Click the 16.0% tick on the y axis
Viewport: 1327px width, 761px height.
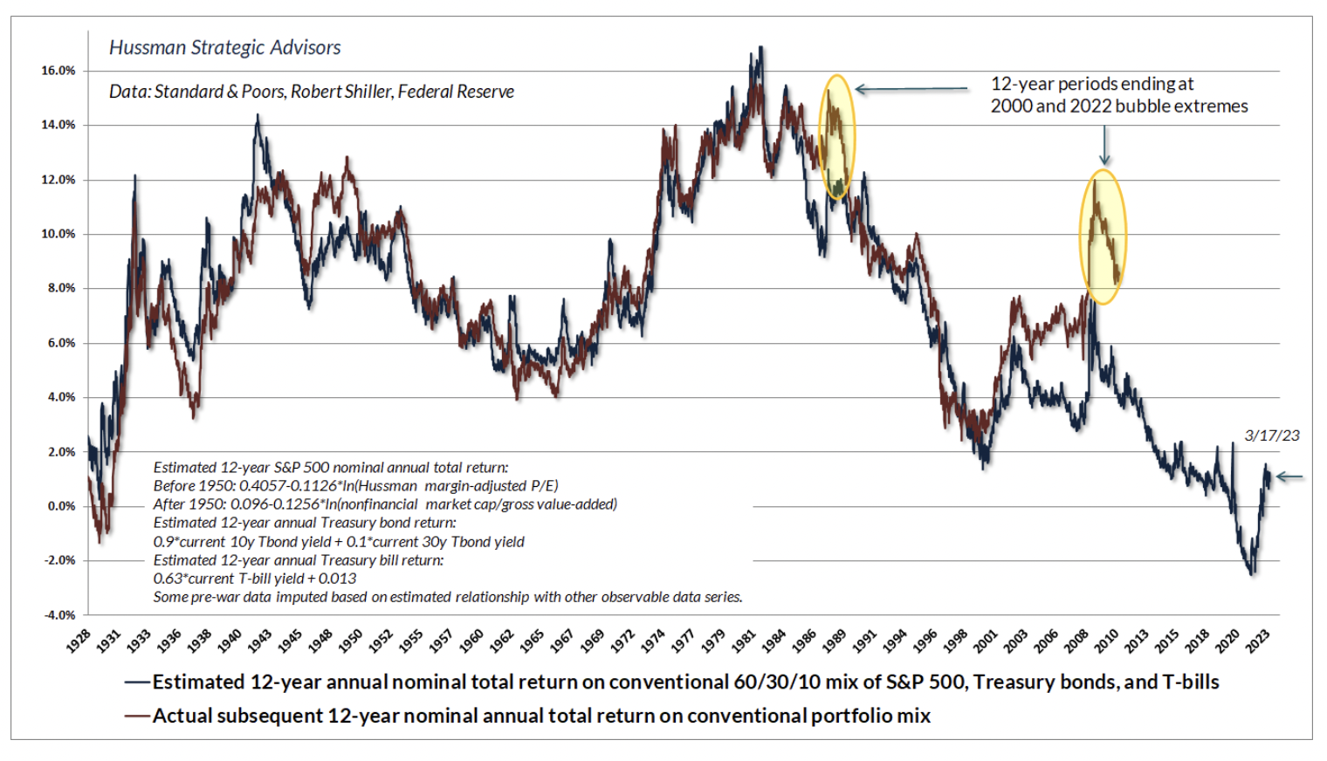(58, 71)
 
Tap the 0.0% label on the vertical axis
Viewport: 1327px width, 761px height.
(60, 506)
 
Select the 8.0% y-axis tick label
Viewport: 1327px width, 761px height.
(60, 288)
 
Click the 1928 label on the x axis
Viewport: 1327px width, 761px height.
(78, 642)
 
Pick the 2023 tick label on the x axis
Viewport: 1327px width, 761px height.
(1257, 642)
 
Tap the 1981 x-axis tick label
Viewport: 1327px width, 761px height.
(743, 642)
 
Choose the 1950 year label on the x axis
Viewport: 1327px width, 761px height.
(349, 642)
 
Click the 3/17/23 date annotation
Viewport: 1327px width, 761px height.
(1272, 435)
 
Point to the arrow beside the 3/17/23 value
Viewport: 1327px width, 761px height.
(1289, 476)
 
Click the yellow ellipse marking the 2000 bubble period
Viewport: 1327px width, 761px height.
(837, 137)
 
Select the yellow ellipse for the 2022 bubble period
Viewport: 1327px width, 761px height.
(1104, 237)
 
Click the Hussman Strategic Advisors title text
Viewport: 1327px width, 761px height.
(224, 48)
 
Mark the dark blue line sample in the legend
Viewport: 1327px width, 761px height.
(137, 682)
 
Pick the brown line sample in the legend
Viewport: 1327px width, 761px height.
(137, 716)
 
